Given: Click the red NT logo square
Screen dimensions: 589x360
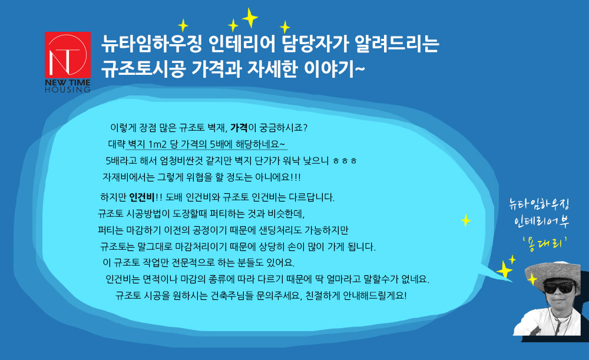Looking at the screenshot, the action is click(68, 55).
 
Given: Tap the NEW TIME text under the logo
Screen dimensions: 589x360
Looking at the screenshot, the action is click(68, 82).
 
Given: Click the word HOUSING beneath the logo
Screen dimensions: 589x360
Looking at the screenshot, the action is click(68, 90).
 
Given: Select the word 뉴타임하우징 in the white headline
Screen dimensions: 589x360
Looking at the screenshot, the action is click(152, 44).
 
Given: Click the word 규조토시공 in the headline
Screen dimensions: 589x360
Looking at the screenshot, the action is click(143, 68).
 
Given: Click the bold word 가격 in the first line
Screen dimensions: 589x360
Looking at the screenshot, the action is click(239, 128).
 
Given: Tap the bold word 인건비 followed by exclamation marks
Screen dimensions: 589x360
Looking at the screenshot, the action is click(141, 197).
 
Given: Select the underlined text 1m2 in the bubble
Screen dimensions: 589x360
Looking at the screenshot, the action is click(157, 144).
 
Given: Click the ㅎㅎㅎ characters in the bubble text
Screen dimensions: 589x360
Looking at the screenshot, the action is click(345, 161).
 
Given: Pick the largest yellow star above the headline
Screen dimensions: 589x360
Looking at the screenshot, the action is click(250, 18).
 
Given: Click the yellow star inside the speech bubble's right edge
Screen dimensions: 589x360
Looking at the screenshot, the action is click(466, 220).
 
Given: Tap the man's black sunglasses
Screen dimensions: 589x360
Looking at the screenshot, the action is click(559, 288).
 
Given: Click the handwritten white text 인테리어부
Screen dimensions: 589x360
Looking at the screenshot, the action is click(542, 222).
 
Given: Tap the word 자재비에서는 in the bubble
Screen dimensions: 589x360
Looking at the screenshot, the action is click(128, 177).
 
